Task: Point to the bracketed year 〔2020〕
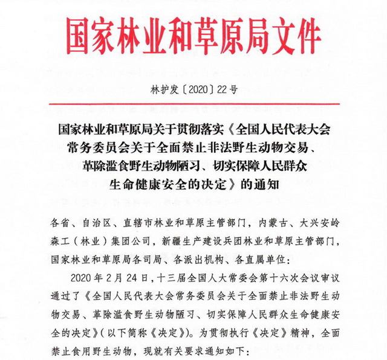coord(193,91)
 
